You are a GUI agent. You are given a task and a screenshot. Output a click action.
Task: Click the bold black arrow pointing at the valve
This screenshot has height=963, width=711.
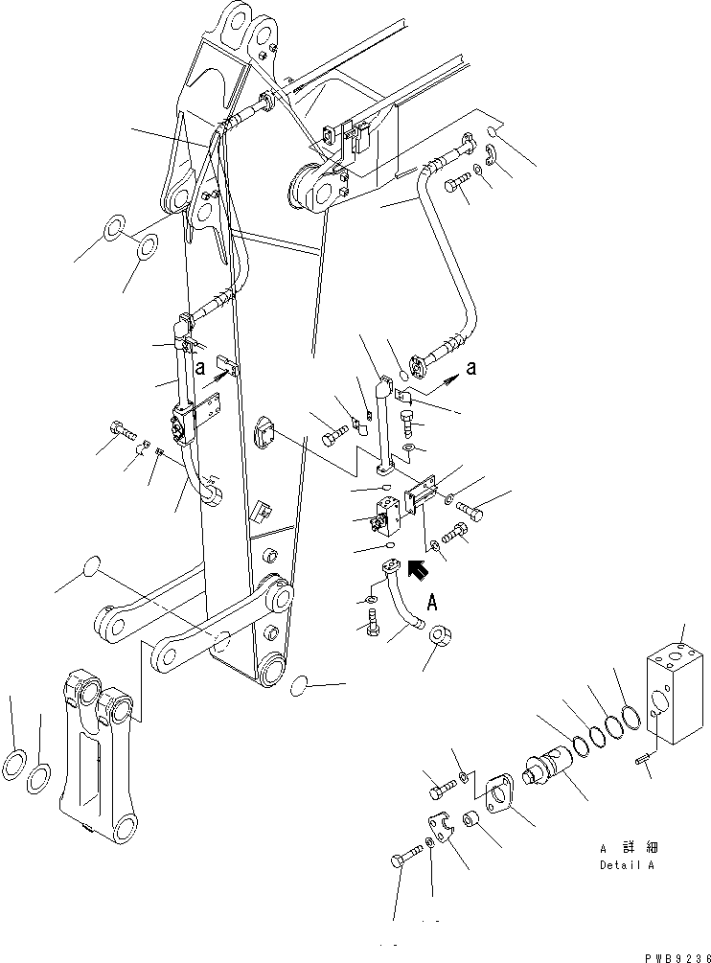[415, 571]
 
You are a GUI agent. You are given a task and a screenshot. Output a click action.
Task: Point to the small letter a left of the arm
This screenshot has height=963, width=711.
[200, 365]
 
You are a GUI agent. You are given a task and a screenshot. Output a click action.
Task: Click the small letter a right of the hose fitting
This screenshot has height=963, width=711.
[470, 367]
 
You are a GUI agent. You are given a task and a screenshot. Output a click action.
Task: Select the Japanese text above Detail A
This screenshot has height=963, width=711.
[630, 848]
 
